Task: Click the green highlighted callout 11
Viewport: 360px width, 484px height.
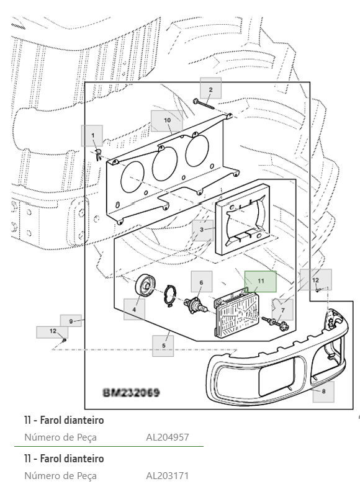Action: click(x=260, y=281)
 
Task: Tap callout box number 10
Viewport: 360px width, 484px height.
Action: click(x=167, y=121)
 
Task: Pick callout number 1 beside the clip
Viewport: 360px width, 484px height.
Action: click(x=92, y=135)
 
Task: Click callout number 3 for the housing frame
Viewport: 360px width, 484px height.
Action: click(x=202, y=230)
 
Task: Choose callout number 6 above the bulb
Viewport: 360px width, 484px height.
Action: click(x=201, y=282)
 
